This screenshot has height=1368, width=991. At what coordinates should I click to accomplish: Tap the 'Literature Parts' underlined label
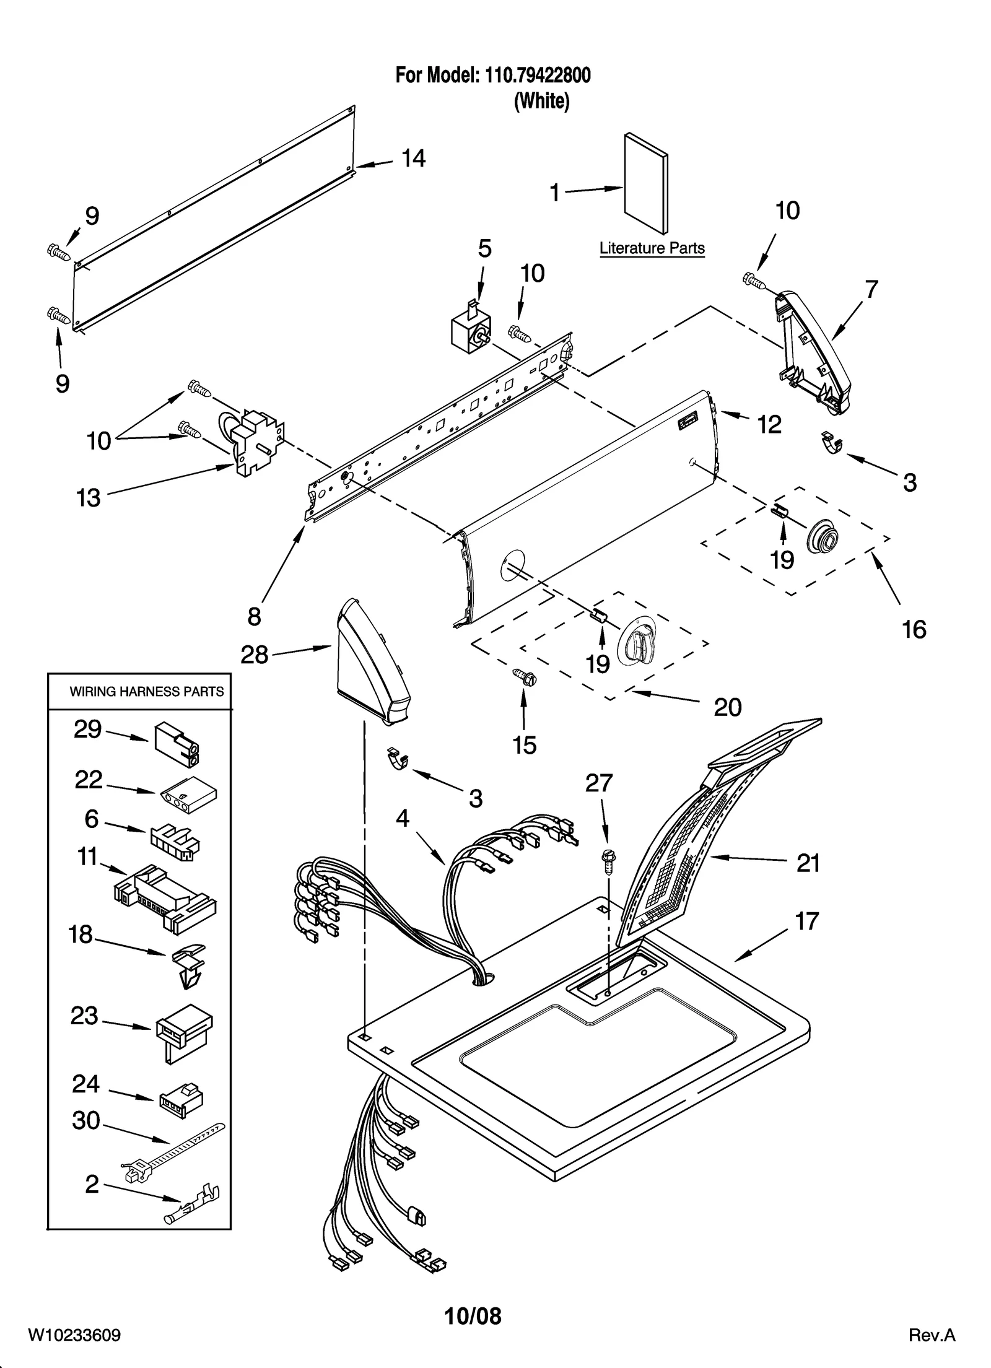click(x=652, y=248)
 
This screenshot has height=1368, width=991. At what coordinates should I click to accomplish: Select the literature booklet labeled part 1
click(x=646, y=187)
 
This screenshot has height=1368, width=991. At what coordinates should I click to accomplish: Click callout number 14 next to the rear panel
click(x=413, y=159)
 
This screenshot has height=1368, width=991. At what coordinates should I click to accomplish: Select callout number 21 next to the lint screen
click(x=808, y=863)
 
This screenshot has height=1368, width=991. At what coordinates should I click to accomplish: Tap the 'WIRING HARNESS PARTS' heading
click(x=146, y=692)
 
